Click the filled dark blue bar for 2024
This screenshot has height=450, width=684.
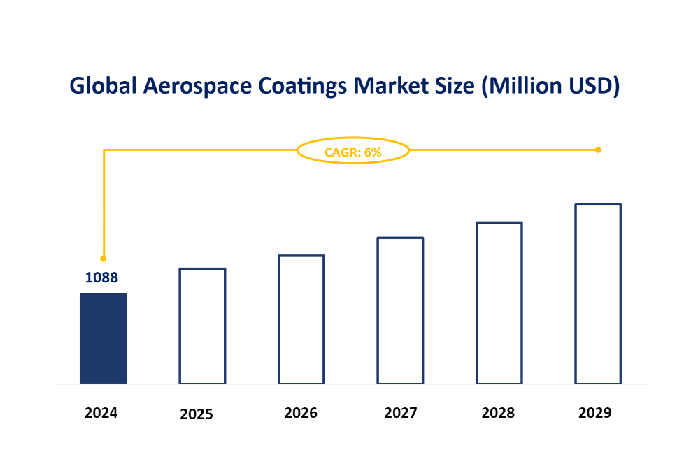pyautogui.click(x=104, y=338)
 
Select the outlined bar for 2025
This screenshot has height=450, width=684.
pyautogui.click(x=202, y=326)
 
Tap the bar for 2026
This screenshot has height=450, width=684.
pyautogui.click(x=301, y=319)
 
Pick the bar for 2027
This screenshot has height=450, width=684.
pyautogui.click(x=400, y=310)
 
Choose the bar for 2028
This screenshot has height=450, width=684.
pyautogui.click(x=499, y=303)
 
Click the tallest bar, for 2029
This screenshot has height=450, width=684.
pyautogui.click(x=598, y=293)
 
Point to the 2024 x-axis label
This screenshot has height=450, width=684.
pyautogui.click(x=101, y=413)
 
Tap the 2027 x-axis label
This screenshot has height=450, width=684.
pyautogui.click(x=401, y=413)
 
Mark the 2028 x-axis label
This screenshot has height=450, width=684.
pyautogui.click(x=498, y=413)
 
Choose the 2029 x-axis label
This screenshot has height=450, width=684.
pyautogui.click(x=595, y=413)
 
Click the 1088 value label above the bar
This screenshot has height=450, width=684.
pyautogui.click(x=101, y=277)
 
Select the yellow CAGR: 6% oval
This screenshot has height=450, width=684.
pyautogui.click(x=353, y=151)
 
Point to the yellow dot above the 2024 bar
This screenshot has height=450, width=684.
pyautogui.click(x=103, y=258)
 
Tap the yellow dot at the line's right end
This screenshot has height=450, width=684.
pyautogui.click(x=598, y=150)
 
